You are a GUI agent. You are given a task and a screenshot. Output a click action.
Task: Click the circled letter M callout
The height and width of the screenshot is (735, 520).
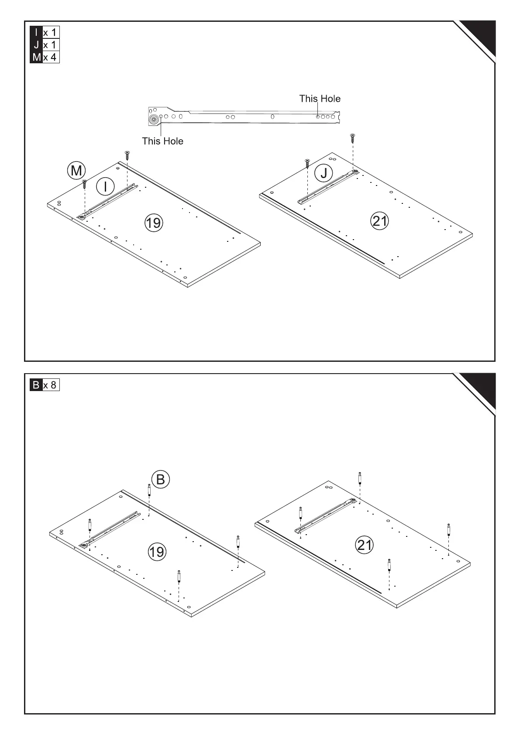pyautogui.click(x=76, y=170)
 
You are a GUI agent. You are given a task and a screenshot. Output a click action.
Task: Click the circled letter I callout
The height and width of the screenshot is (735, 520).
pyautogui.click(x=105, y=186)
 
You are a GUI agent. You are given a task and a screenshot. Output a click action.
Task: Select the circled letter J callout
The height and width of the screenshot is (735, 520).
pyautogui.click(x=324, y=173)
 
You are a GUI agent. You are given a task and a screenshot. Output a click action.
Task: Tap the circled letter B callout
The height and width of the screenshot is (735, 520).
pyautogui.click(x=160, y=479)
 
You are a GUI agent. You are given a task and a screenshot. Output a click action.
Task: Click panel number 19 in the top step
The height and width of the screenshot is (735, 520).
pyautogui.click(x=153, y=223)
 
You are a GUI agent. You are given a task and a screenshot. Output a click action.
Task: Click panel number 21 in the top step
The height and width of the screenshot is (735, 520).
pyautogui.click(x=379, y=221)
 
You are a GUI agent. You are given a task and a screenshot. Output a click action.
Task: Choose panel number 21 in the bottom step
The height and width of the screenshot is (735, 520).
pyautogui.click(x=365, y=545)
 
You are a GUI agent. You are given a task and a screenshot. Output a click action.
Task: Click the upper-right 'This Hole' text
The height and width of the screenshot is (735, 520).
pyautogui.click(x=320, y=99)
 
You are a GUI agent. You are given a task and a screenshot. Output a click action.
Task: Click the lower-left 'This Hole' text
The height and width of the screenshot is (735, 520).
pyautogui.click(x=162, y=141)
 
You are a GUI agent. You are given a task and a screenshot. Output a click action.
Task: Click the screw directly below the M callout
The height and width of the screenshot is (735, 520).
pyautogui.click(x=84, y=184)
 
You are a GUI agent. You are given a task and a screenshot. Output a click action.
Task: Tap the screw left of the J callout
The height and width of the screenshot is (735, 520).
pyautogui.click(x=307, y=164)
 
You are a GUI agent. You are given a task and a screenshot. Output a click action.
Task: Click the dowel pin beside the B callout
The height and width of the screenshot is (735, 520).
pyautogui.click(x=149, y=490)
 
